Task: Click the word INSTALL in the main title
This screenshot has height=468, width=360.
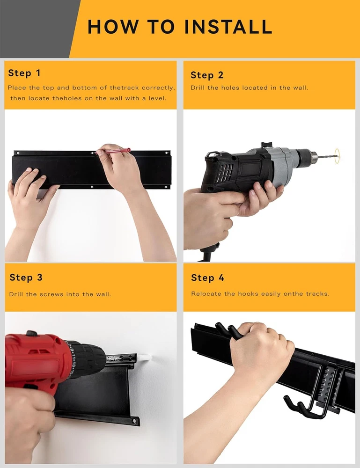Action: pyautogui.click(x=228, y=27)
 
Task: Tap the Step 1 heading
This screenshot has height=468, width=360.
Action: pyautogui.click(x=24, y=73)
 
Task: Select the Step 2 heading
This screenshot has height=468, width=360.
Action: pyautogui.click(x=207, y=75)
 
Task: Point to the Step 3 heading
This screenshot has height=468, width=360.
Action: pyautogui.click(x=26, y=277)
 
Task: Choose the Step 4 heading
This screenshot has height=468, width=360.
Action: pyautogui.click(x=207, y=278)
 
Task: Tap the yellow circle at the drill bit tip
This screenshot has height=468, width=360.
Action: pyautogui.click(x=337, y=156)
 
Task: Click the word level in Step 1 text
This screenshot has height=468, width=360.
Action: pyautogui.click(x=157, y=98)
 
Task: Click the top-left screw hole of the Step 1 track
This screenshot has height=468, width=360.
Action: pyautogui.click(x=18, y=153)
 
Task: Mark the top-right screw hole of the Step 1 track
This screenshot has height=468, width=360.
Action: pyautogui.click(x=166, y=153)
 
